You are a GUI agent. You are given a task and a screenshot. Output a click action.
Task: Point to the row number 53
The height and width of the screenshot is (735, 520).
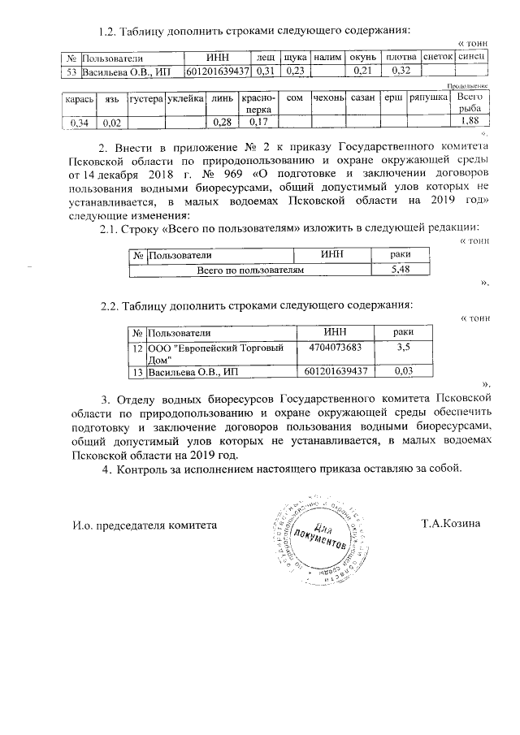[x=71, y=71]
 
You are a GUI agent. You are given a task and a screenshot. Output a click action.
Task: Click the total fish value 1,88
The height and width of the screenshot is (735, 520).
[x=469, y=122]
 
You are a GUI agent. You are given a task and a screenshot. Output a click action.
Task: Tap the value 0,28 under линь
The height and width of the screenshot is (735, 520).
[x=221, y=122]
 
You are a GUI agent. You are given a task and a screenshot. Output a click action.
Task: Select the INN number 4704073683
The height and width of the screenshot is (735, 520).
[x=335, y=347]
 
